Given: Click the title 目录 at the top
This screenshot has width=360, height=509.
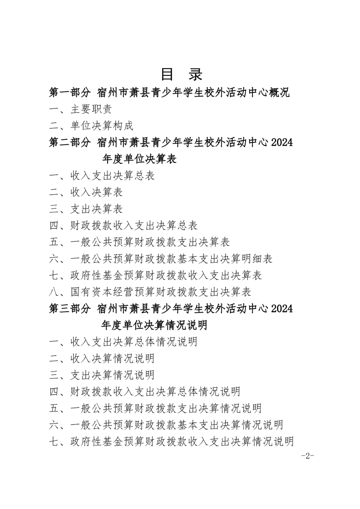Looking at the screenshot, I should [x=181, y=74].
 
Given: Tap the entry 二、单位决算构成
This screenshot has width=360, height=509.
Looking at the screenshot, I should [x=91, y=126].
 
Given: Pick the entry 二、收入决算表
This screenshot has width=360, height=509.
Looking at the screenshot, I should [x=86, y=192].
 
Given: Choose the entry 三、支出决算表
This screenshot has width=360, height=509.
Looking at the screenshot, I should [x=86, y=209].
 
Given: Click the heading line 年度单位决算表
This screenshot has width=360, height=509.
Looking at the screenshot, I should [x=139, y=159].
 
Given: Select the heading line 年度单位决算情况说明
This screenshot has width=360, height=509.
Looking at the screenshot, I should [x=154, y=325].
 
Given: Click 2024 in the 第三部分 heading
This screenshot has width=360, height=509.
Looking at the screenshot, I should [x=282, y=308].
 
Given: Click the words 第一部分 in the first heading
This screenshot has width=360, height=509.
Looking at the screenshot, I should [x=69, y=93].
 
